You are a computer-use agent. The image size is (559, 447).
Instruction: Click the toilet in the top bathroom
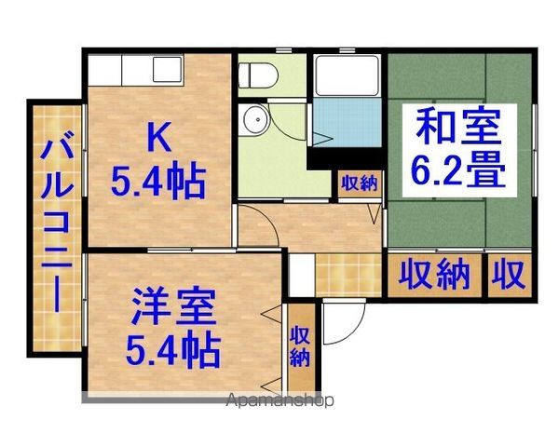(x=258, y=75)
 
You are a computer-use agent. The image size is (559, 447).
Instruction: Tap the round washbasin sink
(x=253, y=119)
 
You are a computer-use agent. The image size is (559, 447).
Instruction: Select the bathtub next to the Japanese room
(x=347, y=75)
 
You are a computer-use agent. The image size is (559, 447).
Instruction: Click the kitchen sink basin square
(x=168, y=70)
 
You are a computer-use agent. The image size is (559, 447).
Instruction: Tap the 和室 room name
(x=458, y=126)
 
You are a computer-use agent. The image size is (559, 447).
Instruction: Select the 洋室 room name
(x=173, y=307)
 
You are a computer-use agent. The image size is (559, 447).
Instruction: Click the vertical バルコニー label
(x=56, y=221)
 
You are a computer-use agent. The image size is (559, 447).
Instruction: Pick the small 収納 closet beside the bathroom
(x=360, y=183)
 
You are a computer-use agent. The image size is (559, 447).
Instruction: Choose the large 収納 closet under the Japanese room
(x=434, y=275)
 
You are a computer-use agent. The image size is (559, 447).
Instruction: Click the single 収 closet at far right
(x=509, y=275)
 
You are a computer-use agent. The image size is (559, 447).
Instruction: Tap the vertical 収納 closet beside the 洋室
(x=300, y=346)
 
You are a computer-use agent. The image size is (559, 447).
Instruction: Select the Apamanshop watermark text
(x=280, y=400)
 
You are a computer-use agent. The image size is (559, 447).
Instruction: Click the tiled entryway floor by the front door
(x=348, y=275)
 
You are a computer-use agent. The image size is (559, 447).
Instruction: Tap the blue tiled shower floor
(x=347, y=122)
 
